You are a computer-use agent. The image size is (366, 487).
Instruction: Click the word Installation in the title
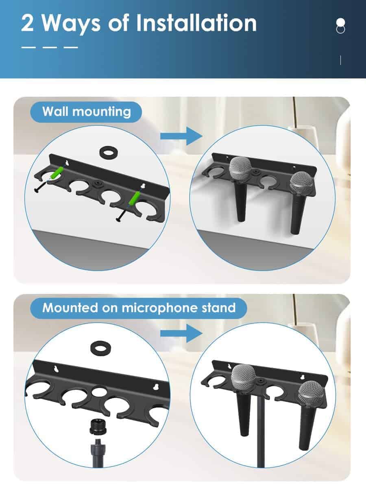[x=196, y=23]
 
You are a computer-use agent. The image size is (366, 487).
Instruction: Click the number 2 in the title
[x=27, y=23]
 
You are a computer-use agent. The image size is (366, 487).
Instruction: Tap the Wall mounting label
[x=87, y=112]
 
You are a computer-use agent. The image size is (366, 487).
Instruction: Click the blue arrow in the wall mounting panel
[x=181, y=136]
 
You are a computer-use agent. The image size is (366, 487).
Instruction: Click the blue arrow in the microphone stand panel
[x=181, y=333]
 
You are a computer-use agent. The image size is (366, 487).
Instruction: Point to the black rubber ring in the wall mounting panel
[x=109, y=152]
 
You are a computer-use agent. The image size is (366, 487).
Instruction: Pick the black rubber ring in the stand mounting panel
[x=101, y=348]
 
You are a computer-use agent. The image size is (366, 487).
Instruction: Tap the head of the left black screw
[x=37, y=190]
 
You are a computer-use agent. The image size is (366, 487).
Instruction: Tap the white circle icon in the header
[x=340, y=23]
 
